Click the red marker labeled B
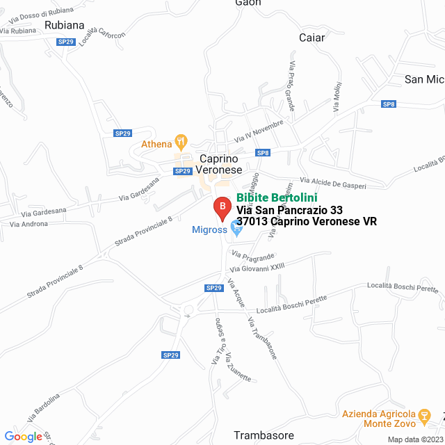222,207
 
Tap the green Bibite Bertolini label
277,197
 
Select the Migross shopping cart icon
236,228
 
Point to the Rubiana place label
64,25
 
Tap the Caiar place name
311,38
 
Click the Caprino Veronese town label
219,163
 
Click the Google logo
24,437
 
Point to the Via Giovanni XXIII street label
257,265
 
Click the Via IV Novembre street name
259,130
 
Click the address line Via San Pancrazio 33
289,210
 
